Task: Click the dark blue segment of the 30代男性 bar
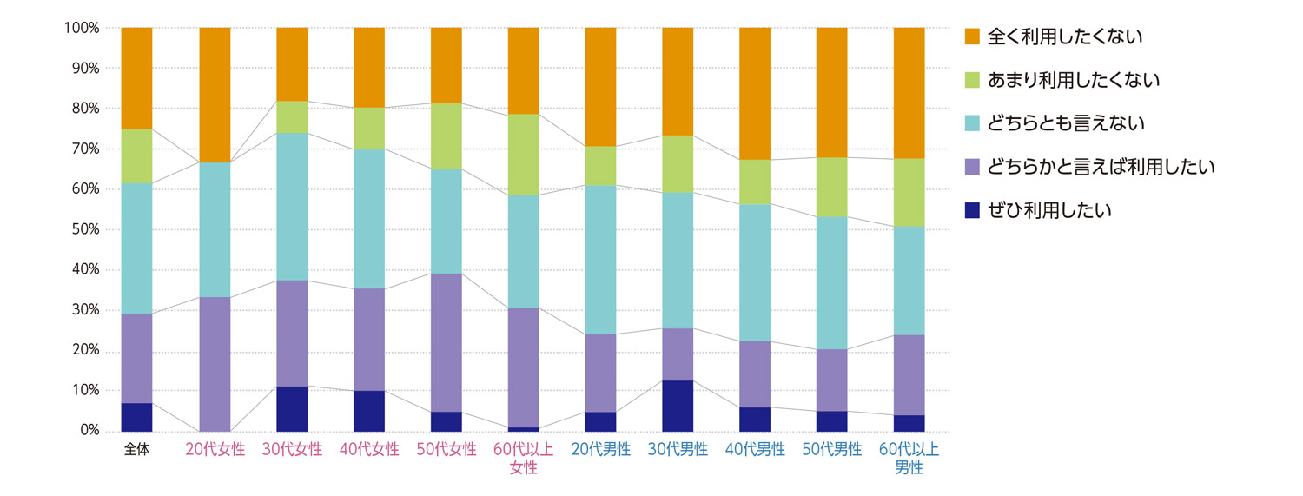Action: tap(678, 406)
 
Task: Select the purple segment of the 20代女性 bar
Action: tap(215, 364)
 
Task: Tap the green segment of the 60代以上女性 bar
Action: tap(523, 155)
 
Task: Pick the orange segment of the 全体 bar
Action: tap(136, 78)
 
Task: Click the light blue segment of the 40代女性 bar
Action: tap(369, 218)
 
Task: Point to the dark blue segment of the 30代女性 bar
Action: tap(292, 408)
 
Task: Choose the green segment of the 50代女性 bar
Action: tap(446, 136)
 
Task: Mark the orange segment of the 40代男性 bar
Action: tap(755, 93)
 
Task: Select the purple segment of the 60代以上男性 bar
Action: tap(909, 374)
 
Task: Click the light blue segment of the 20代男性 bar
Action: tap(600, 259)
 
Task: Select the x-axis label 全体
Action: tap(136, 450)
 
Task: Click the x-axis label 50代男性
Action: tap(832, 450)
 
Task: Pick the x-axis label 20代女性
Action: tap(215, 450)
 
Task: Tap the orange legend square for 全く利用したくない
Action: tap(972, 36)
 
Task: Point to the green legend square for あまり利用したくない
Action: tap(972, 80)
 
